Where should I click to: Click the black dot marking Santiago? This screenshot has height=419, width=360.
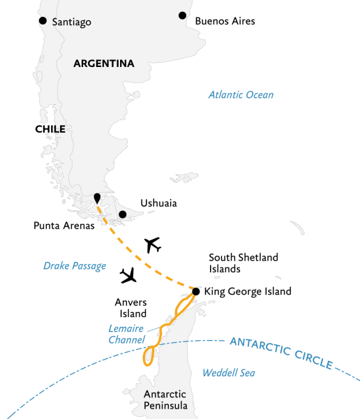click(x=43, y=21)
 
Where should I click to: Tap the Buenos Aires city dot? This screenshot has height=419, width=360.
click(x=183, y=15)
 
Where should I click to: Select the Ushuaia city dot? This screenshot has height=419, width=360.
click(x=123, y=214)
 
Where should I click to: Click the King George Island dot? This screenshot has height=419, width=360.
click(x=196, y=291)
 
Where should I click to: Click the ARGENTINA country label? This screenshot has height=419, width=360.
click(x=104, y=64)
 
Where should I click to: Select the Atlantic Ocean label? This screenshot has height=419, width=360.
click(x=242, y=95)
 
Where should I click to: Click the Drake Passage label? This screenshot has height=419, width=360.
click(x=75, y=265)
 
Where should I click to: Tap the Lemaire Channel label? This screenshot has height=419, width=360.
click(x=126, y=334)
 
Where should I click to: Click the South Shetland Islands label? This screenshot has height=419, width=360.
click(x=243, y=263)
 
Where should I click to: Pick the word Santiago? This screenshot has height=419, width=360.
click(x=73, y=22)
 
